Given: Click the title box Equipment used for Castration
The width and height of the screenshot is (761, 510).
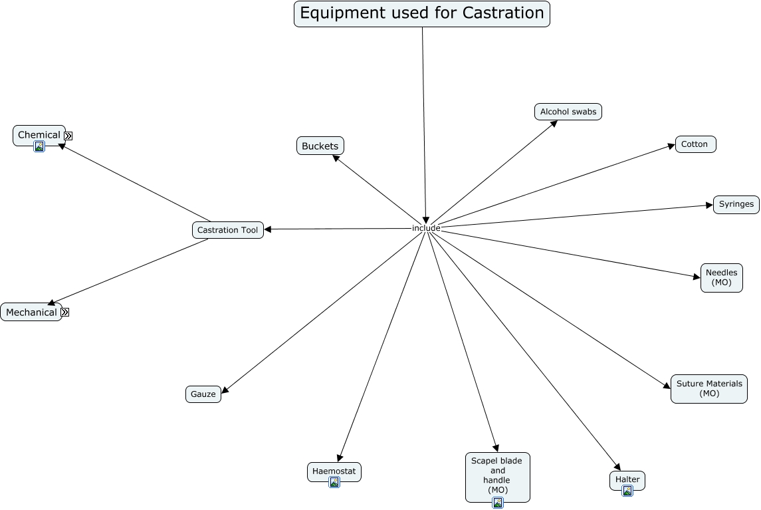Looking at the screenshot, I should (421, 13).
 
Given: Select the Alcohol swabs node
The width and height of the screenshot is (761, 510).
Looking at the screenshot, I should (568, 112).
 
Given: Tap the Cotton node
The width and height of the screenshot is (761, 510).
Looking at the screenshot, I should (695, 144).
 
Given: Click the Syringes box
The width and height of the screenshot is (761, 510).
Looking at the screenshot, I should (736, 204).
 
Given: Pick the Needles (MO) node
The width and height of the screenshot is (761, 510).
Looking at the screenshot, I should (721, 277).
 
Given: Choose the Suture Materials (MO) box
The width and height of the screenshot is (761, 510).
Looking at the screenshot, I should (708, 388).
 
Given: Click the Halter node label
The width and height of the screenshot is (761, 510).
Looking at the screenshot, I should (627, 479).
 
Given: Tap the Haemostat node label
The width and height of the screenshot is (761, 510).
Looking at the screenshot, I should (334, 471).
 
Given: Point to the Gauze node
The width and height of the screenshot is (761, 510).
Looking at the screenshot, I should (203, 394).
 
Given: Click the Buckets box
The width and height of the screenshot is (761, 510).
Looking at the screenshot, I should (320, 146).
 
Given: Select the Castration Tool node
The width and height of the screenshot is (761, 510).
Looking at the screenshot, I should (227, 230).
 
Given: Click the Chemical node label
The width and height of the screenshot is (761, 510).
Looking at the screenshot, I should (39, 134).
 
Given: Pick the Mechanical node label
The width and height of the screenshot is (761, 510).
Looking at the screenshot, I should (31, 312).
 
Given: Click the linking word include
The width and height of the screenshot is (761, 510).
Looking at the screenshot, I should (426, 228).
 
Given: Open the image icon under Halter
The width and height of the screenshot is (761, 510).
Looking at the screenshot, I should (627, 491).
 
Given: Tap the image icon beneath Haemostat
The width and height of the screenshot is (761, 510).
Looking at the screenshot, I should (334, 482).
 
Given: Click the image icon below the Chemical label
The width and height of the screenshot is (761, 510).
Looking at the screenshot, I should (39, 146).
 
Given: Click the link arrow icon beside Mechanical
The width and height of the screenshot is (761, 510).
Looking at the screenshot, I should (65, 312).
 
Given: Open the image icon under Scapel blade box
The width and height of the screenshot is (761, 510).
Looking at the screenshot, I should (497, 503).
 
